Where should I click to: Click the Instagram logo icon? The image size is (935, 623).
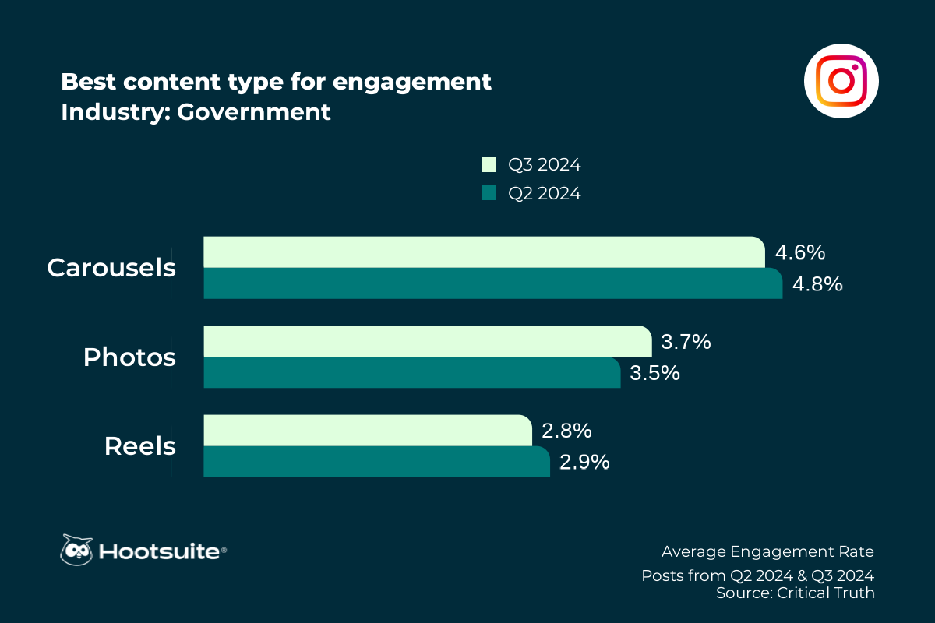click(841, 81)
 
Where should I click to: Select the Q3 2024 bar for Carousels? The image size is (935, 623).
click(483, 252)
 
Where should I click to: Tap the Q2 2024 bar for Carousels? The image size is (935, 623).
click(492, 283)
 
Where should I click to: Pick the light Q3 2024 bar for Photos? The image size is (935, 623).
click(427, 341)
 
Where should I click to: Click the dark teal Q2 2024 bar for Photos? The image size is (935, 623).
click(411, 372)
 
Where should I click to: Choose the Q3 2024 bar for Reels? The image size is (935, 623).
click(367, 430)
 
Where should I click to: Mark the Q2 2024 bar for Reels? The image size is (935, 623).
click(376, 461)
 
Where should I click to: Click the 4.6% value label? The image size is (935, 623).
click(800, 253)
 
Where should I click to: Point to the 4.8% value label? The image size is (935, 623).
click(817, 284)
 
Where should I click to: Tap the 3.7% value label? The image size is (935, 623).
click(686, 342)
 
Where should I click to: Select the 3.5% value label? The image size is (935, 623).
click(654, 373)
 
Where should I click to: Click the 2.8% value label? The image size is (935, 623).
click(566, 431)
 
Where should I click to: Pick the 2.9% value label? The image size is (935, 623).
click(584, 462)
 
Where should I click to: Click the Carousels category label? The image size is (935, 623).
click(111, 268)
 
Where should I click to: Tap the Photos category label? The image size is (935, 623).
click(129, 357)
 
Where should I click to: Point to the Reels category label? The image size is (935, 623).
click(140, 447)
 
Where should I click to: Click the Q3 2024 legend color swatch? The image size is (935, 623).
click(489, 165)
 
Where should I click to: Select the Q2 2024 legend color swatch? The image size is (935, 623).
click(489, 193)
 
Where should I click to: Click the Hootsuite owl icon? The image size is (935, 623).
click(76, 550)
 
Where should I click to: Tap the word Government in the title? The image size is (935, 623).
click(254, 112)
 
